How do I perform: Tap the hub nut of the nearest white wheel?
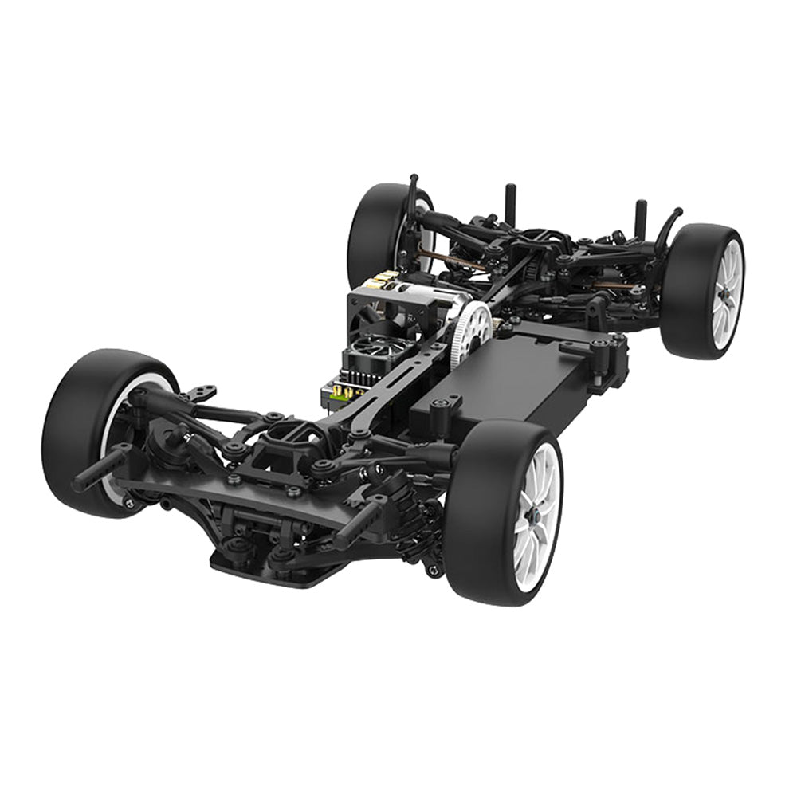[532, 517]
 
